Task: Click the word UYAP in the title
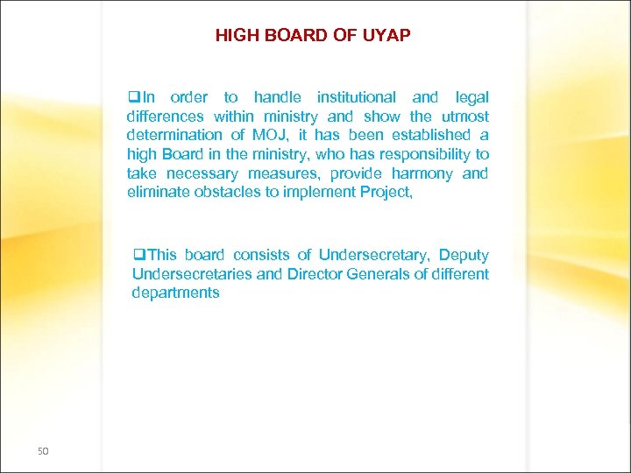tap(386, 36)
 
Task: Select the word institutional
tap(357, 97)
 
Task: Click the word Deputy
tap(464, 255)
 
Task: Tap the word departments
tap(175, 293)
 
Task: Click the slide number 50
tap(44, 451)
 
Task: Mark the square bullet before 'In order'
tap(133, 97)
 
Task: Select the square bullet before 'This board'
tap(138, 255)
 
